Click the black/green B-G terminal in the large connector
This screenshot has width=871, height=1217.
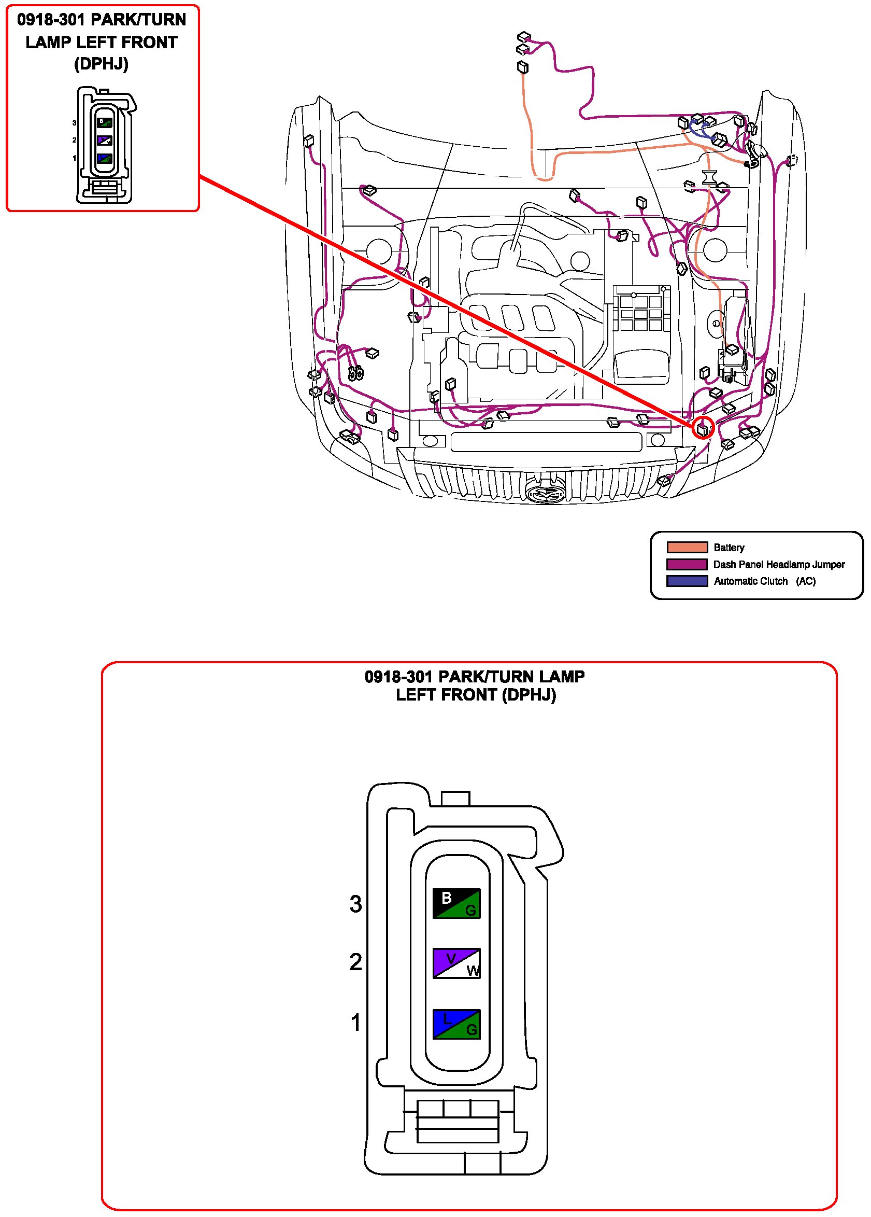pos(456,904)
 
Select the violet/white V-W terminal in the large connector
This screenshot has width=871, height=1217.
pos(456,963)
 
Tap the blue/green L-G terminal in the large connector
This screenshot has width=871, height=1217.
pos(456,1024)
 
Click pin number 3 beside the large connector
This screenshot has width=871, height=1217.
pos(355,904)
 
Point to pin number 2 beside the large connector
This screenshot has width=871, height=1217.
pos(355,962)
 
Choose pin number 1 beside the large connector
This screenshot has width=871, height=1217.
pos(355,1023)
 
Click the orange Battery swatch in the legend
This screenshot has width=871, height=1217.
pos(687,548)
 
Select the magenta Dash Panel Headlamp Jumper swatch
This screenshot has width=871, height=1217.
pos(687,565)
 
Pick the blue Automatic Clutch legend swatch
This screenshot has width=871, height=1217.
pos(687,581)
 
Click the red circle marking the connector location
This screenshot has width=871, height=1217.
pos(703,428)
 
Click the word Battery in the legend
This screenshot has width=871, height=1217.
pos(729,548)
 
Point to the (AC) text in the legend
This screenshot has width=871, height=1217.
pos(806,581)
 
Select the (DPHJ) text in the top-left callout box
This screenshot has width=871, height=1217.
pos(102,64)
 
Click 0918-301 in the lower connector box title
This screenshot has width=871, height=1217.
pos(398,677)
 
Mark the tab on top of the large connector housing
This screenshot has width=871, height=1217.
pos(455,798)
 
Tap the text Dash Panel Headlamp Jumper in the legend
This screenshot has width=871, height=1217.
pos(779,565)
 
